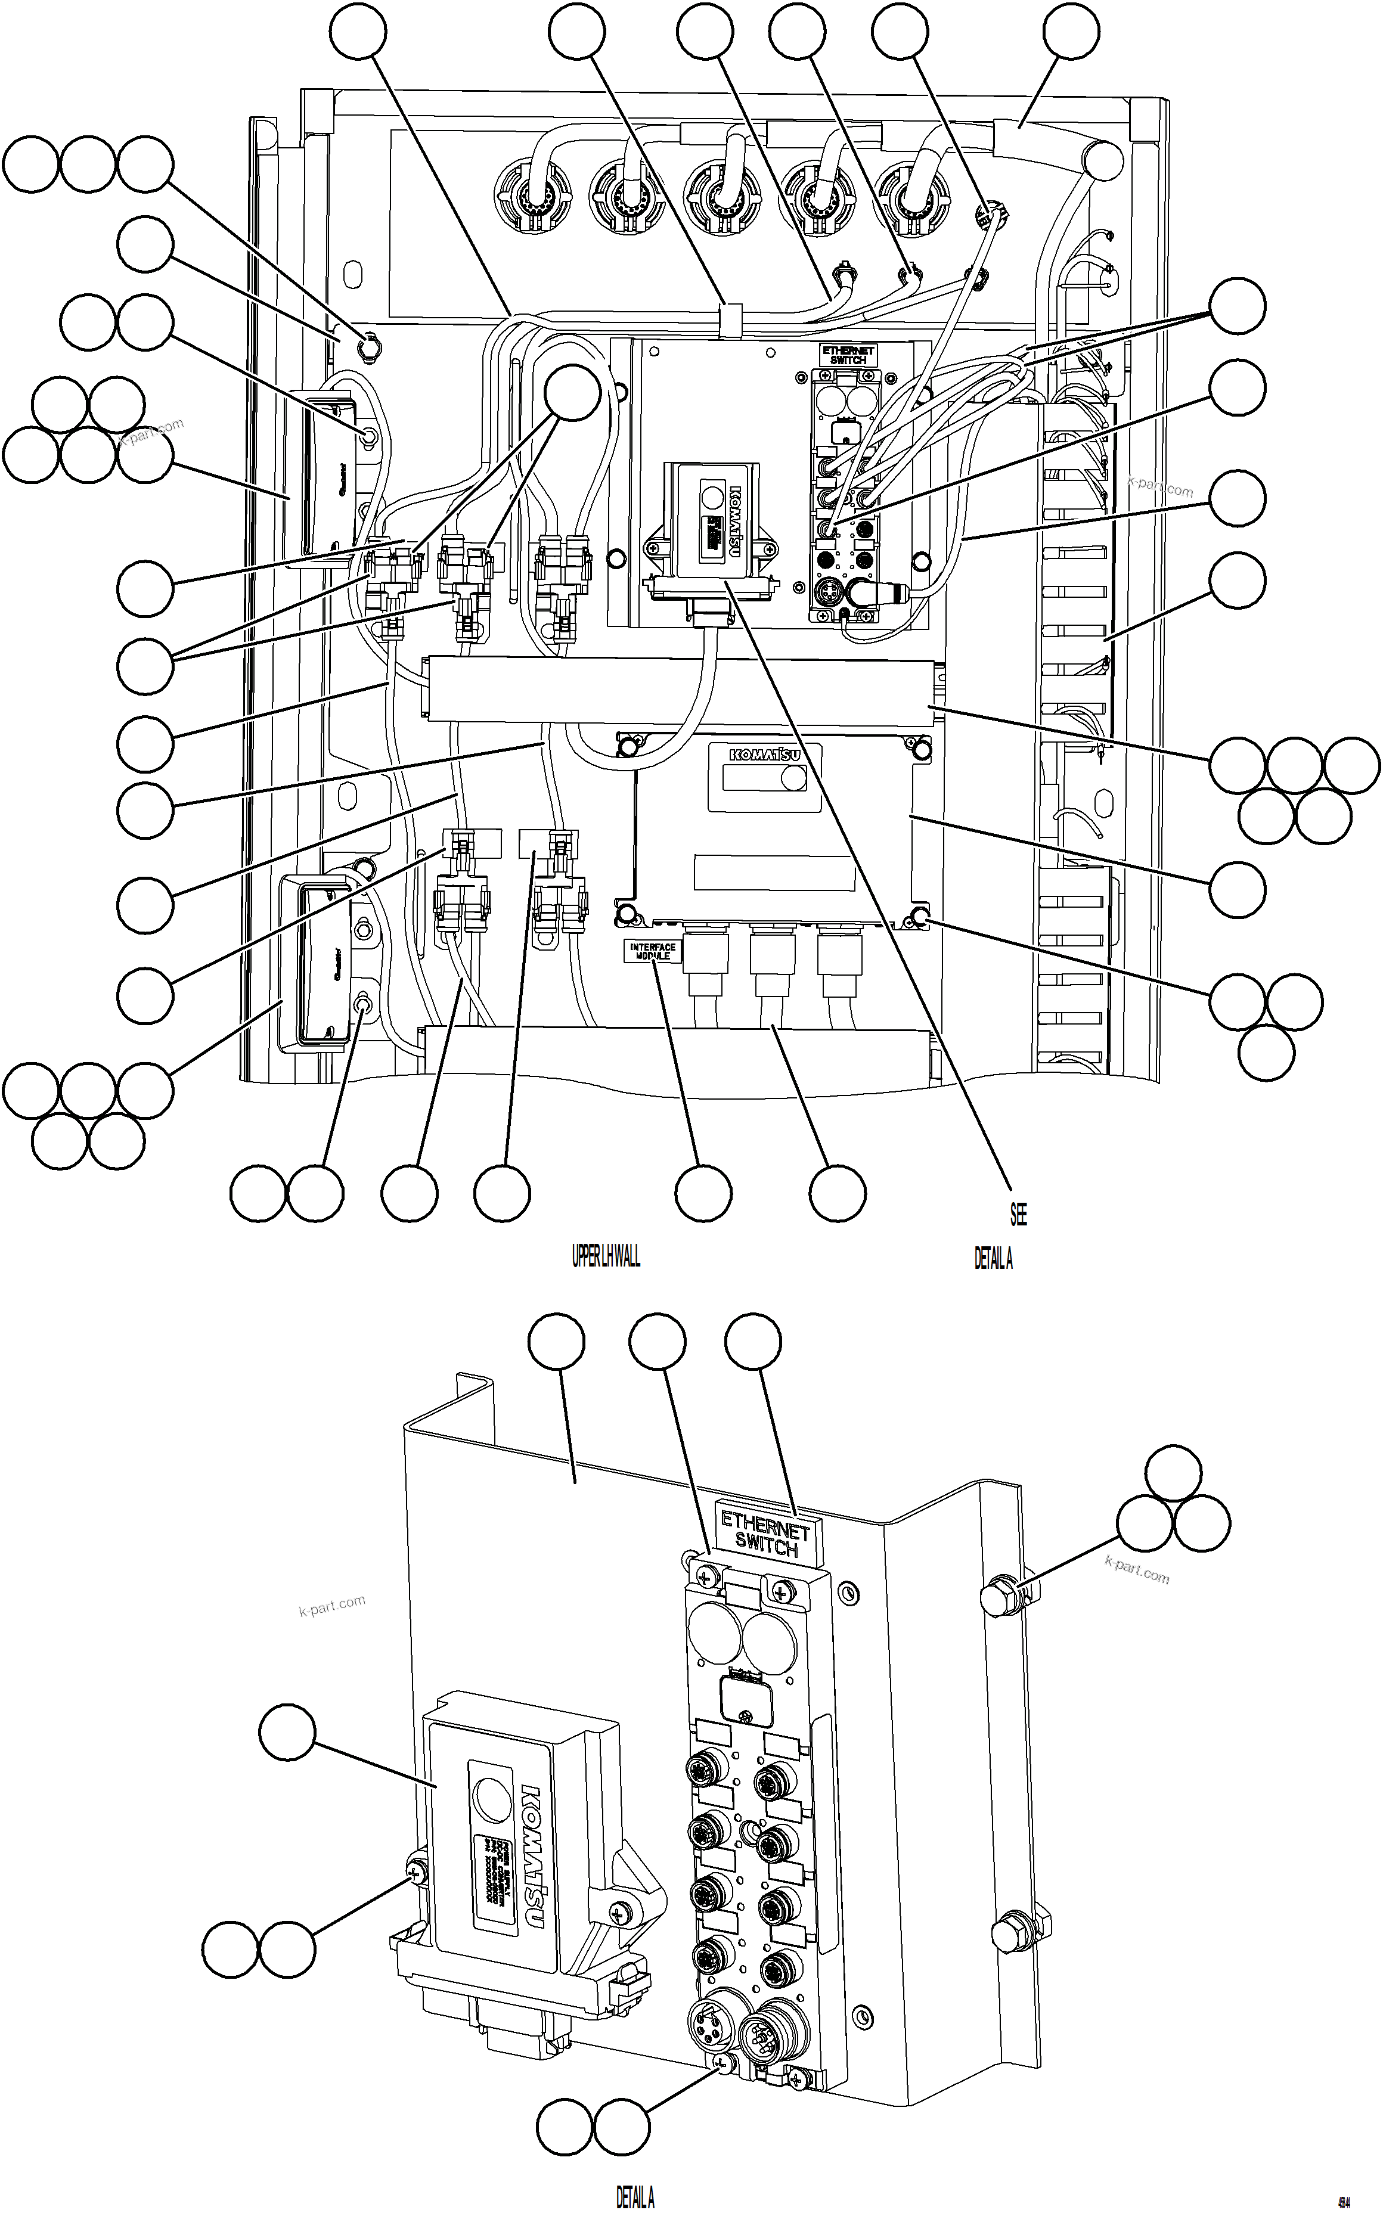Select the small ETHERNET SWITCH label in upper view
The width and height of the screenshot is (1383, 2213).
pos(848,355)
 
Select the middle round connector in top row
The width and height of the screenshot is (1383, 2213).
pos(722,197)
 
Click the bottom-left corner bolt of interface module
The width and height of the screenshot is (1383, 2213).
pos(626,912)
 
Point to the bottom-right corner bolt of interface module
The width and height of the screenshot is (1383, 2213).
pos(920,918)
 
